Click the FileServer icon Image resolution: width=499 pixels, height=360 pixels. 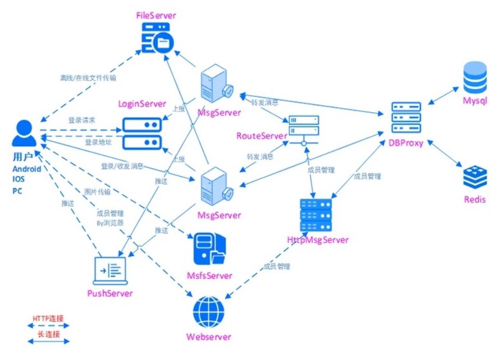158,37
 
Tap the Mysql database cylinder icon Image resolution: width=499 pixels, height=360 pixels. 475,77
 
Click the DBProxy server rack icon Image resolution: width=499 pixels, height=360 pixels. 406,118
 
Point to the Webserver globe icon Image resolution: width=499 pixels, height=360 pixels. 209,312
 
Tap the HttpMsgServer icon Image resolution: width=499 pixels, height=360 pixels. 316,215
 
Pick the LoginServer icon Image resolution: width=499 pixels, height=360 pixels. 142,133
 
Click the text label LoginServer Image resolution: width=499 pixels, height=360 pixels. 142,104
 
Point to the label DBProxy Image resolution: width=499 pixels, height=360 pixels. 406,143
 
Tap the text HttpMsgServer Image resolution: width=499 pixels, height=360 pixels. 318,240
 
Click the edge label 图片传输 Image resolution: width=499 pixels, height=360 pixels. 97,192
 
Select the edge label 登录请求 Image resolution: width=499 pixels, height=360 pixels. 82,120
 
